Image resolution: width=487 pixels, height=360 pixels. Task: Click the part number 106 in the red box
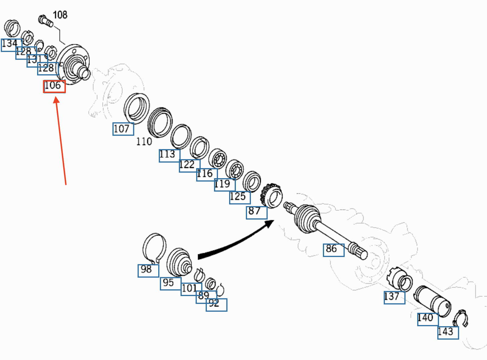53,86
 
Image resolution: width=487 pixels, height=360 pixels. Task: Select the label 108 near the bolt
60,15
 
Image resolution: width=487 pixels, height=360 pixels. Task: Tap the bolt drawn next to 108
46,21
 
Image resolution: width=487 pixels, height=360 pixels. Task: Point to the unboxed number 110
144,142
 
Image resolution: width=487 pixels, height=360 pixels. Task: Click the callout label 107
121,129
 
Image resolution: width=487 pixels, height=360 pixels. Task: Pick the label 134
9,43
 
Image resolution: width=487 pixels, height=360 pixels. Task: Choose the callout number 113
167,154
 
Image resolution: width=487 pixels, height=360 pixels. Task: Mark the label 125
238,196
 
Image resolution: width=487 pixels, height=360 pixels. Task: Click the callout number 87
254,211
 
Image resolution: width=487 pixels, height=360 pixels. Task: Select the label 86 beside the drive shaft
331,249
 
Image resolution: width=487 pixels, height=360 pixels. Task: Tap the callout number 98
146,269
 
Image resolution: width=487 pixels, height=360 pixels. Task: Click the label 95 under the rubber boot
168,283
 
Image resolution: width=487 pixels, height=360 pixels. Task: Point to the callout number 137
391,296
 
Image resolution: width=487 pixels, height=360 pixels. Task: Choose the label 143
446,332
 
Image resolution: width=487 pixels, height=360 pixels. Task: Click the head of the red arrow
56,100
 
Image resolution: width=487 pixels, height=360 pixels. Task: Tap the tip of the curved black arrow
274,220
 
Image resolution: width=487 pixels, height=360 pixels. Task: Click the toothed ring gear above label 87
272,196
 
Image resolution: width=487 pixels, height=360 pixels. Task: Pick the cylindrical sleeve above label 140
432,301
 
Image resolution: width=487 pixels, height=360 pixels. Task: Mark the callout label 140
425,318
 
